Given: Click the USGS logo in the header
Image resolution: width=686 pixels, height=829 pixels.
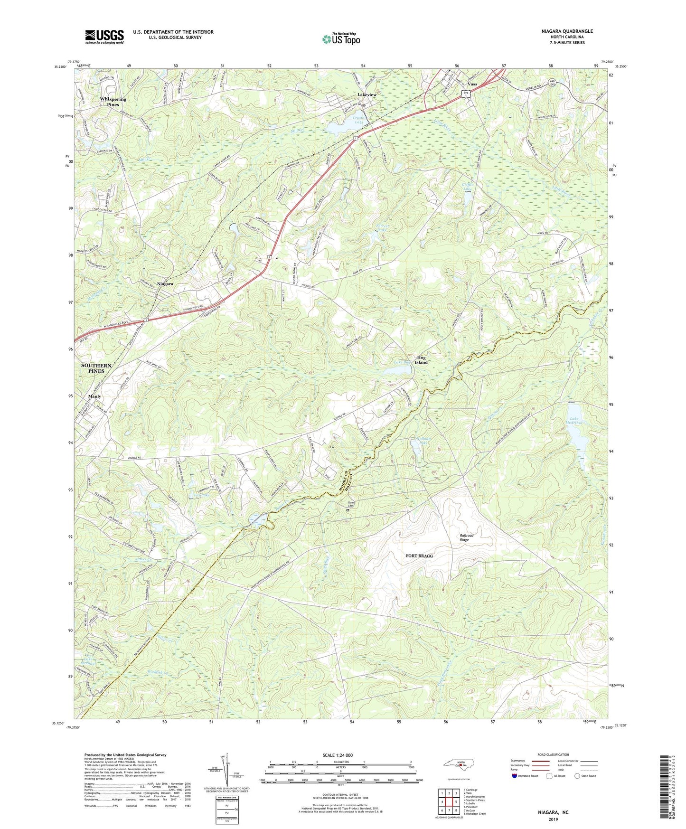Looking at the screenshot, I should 104,37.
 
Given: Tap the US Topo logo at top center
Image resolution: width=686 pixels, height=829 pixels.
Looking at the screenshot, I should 341,39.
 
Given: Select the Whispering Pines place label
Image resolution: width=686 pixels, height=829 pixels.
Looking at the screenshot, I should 113,102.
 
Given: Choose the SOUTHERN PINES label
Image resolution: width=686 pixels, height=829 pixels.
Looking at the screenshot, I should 96,368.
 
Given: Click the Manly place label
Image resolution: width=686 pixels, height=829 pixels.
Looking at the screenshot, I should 94,396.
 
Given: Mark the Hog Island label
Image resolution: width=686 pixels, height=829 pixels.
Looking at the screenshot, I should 421,360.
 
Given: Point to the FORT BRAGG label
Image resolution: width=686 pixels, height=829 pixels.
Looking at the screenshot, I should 419,556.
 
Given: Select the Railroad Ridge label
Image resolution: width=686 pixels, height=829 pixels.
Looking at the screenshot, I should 466,537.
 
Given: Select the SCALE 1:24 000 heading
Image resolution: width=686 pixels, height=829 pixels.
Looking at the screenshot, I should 338,755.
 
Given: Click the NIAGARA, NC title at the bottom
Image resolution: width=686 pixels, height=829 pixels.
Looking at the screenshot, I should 553,812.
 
